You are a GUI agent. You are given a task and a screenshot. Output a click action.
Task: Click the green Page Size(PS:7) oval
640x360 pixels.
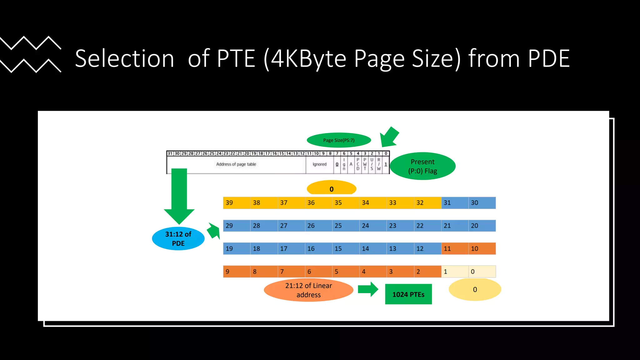339,140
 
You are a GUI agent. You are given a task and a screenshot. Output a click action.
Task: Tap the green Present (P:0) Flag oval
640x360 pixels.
422,166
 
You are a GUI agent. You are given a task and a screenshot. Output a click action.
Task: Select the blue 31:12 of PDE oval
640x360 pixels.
178,238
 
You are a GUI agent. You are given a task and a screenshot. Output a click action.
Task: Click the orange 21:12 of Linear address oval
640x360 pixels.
308,290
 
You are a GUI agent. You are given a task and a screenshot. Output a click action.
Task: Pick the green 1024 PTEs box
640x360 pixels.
408,294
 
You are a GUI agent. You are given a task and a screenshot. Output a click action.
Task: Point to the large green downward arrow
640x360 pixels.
179,195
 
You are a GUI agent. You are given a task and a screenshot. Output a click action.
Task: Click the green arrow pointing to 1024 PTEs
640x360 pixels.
368,289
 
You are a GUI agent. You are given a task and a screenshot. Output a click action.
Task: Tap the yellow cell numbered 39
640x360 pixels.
237,203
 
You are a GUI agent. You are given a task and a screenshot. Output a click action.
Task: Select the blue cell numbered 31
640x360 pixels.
455,203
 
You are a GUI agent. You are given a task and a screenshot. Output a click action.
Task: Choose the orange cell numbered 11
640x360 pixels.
455,249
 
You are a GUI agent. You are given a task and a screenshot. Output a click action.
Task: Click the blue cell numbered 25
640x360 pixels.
346,226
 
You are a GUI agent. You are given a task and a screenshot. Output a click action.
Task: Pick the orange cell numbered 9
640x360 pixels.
237,272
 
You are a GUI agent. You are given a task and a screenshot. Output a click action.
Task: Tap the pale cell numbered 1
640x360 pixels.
455,272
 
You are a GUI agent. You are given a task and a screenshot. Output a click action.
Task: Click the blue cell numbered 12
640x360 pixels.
427,249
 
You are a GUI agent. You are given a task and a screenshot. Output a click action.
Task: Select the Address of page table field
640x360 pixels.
236,164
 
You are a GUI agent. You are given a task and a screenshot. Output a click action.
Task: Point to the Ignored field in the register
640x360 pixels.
319,164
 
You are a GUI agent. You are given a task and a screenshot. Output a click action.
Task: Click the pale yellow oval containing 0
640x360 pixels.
475,290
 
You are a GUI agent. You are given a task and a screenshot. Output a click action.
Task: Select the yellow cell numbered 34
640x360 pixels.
373,203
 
